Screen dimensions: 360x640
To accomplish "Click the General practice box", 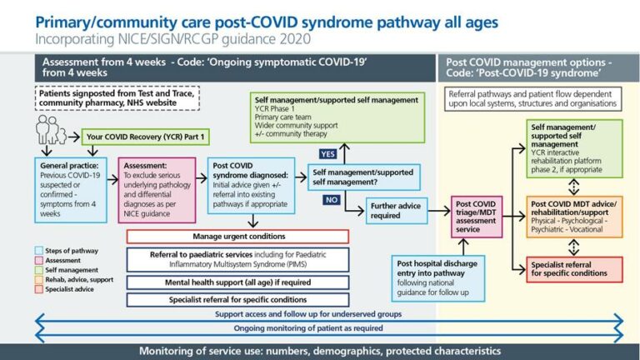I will pyautogui.click(x=72, y=189).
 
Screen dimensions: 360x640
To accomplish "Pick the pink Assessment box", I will pyautogui.click(x=157, y=189).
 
